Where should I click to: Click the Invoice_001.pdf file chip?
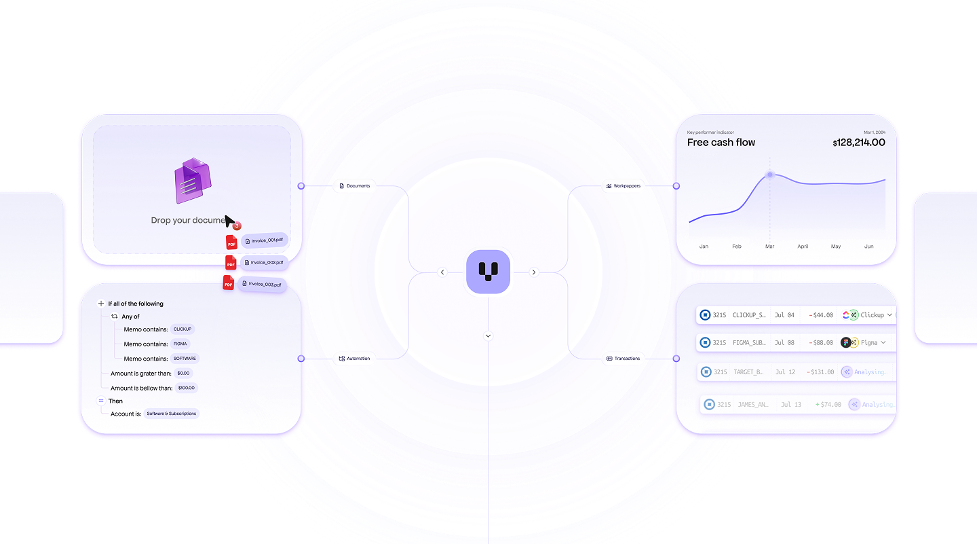pos(265,240)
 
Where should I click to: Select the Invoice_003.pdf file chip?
pos(263,284)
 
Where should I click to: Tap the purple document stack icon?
pos(193,181)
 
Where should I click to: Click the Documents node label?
pos(356,186)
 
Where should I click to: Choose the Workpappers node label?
pos(623,186)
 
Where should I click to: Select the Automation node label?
pos(355,359)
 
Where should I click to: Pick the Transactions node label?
pos(624,359)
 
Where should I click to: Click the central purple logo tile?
pos(488,272)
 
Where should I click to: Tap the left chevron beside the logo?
pos(442,272)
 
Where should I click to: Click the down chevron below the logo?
pos(488,336)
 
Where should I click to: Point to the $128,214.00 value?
pos(858,143)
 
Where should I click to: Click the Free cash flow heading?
pos(721,143)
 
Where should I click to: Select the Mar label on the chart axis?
pos(769,247)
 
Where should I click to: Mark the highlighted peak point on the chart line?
pos(769,175)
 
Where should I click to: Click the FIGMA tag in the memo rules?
pos(180,344)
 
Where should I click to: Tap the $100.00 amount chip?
pos(186,388)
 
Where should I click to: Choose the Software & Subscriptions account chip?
pos(172,414)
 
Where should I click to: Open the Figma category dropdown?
pos(883,343)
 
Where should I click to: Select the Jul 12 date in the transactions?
pos(785,372)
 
